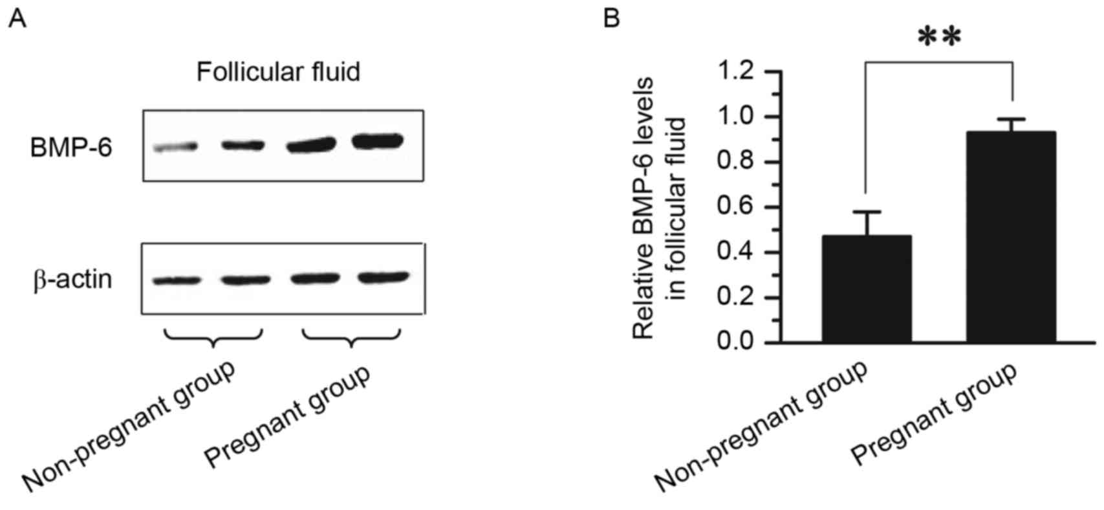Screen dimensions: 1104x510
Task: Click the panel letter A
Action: point(17,19)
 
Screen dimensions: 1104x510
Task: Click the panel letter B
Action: point(611,19)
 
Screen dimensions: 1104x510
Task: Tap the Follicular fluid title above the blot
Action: point(278,72)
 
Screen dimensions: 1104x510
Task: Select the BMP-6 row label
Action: point(70,149)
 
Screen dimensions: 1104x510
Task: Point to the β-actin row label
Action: point(72,280)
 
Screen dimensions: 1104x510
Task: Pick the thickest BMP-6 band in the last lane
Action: point(377,140)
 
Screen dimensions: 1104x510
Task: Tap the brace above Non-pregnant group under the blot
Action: point(213,337)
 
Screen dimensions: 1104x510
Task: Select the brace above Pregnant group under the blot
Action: point(351,337)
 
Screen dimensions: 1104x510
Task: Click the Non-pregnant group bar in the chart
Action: point(867,289)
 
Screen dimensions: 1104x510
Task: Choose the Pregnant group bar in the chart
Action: point(1011,237)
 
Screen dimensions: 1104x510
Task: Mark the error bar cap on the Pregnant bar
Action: point(1011,119)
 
